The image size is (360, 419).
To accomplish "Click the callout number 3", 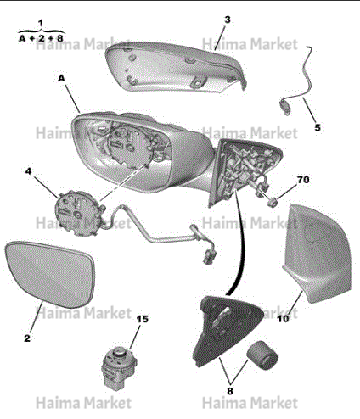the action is point(228,20).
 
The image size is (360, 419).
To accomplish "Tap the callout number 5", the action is point(318,127).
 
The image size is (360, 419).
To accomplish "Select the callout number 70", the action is point(303,180).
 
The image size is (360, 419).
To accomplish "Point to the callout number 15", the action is point(143,319).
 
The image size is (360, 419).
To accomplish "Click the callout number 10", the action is point(283,319).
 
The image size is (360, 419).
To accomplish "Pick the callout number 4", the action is point(29,171).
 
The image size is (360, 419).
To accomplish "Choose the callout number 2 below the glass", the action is point(27,338).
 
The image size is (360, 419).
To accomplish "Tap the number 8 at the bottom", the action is point(230,391).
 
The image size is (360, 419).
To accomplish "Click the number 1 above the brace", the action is point(42,23).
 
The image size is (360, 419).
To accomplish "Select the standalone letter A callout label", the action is point(61,78).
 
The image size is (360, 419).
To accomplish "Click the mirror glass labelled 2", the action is point(50,274).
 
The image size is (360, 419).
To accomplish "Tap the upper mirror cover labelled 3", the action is point(176,67).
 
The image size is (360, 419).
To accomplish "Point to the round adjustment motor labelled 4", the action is point(80,213).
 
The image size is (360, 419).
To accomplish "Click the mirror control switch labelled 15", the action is point(119,366).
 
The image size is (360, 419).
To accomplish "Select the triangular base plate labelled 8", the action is point(227,330).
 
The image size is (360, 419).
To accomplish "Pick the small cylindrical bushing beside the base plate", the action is point(262,355).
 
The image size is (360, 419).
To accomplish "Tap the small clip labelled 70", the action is point(273,202).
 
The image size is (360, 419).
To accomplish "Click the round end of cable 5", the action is point(285,107).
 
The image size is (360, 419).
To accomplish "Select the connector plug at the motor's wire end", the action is point(209,255).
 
